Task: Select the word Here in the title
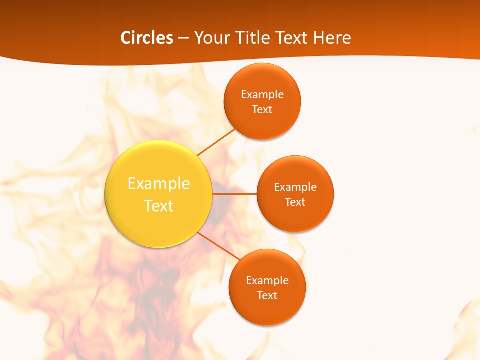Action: pyautogui.click(x=332, y=38)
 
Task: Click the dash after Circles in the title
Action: pyautogui.click(x=183, y=38)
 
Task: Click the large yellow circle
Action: pyautogui.click(x=159, y=220)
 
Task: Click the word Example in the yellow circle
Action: pyautogui.click(x=159, y=184)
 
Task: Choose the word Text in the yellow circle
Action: pyautogui.click(x=159, y=206)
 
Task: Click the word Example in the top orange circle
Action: pyautogui.click(x=262, y=95)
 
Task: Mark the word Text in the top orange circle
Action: pyautogui.click(x=262, y=110)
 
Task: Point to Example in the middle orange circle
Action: pyautogui.click(x=295, y=187)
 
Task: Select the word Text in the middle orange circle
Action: pyautogui.click(x=295, y=202)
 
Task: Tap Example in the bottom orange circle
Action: pyautogui.click(x=267, y=281)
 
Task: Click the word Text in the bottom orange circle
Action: pyautogui.click(x=267, y=296)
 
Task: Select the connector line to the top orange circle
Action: pyautogui.click(x=216, y=142)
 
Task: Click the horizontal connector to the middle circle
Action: pyautogui.click(x=235, y=194)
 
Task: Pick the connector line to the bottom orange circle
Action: pyautogui.click(x=219, y=246)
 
